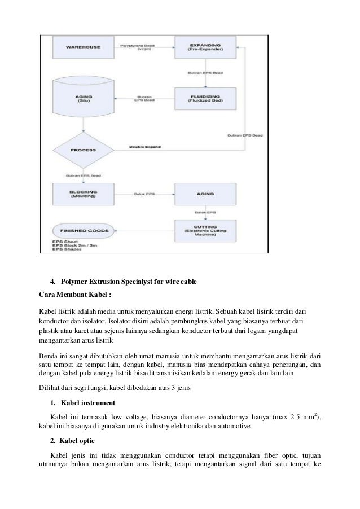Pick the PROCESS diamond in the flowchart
click(x=84, y=150)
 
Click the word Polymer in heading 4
click(x=76, y=280)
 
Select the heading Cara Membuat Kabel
click(x=71, y=293)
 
